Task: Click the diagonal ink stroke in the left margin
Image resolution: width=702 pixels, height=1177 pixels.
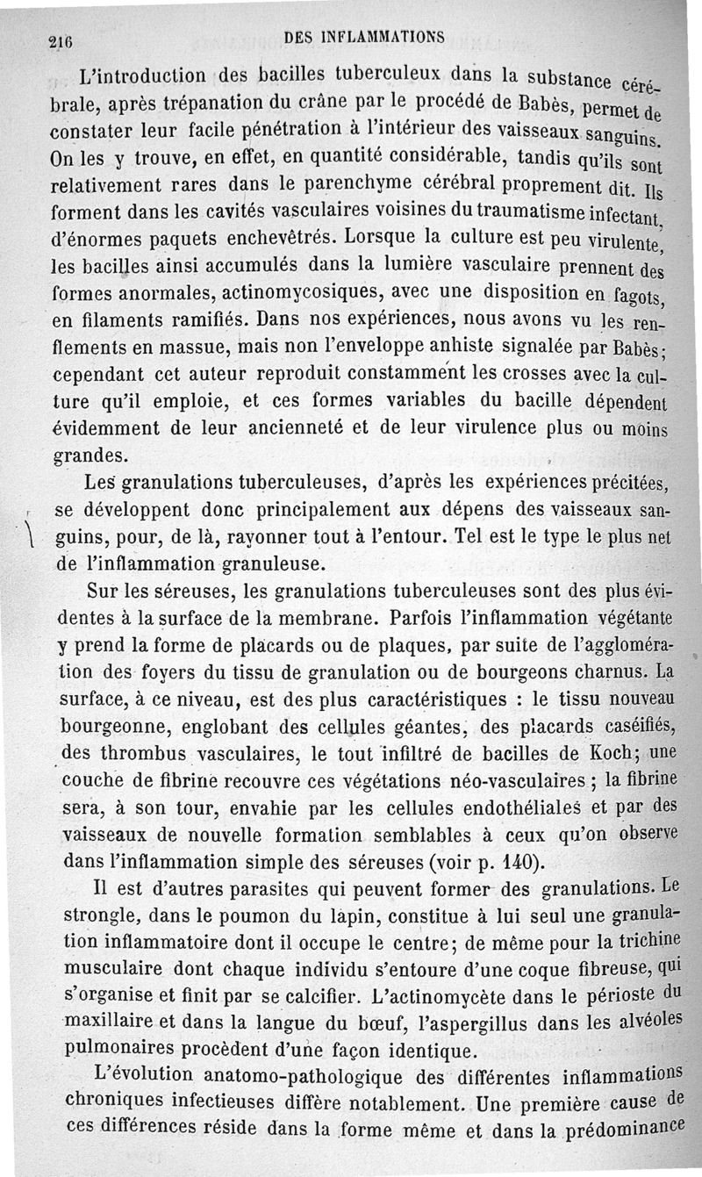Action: pyautogui.click(x=30, y=528)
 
